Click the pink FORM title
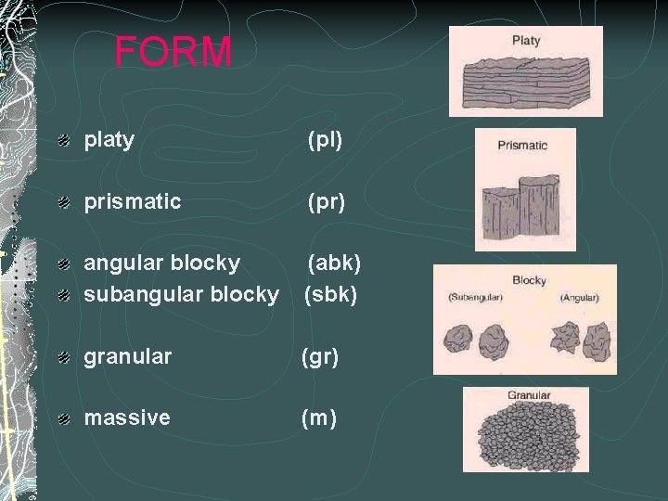click(x=173, y=52)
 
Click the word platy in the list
click(x=109, y=140)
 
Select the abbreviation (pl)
click(x=326, y=141)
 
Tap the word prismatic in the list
click(x=133, y=201)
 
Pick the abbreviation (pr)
click(x=327, y=202)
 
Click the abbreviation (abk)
click(x=334, y=263)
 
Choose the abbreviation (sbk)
click(x=331, y=294)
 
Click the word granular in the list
click(x=128, y=355)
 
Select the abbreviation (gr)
click(x=320, y=355)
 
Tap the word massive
click(x=127, y=417)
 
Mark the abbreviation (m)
click(x=319, y=418)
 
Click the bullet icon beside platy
click(x=62, y=141)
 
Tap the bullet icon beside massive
click(x=62, y=418)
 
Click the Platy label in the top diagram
click(x=526, y=41)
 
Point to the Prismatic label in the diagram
click(x=522, y=145)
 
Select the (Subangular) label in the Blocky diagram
click(x=475, y=298)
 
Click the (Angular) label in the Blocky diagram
click(x=580, y=298)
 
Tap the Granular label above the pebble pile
click(x=529, y=395)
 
